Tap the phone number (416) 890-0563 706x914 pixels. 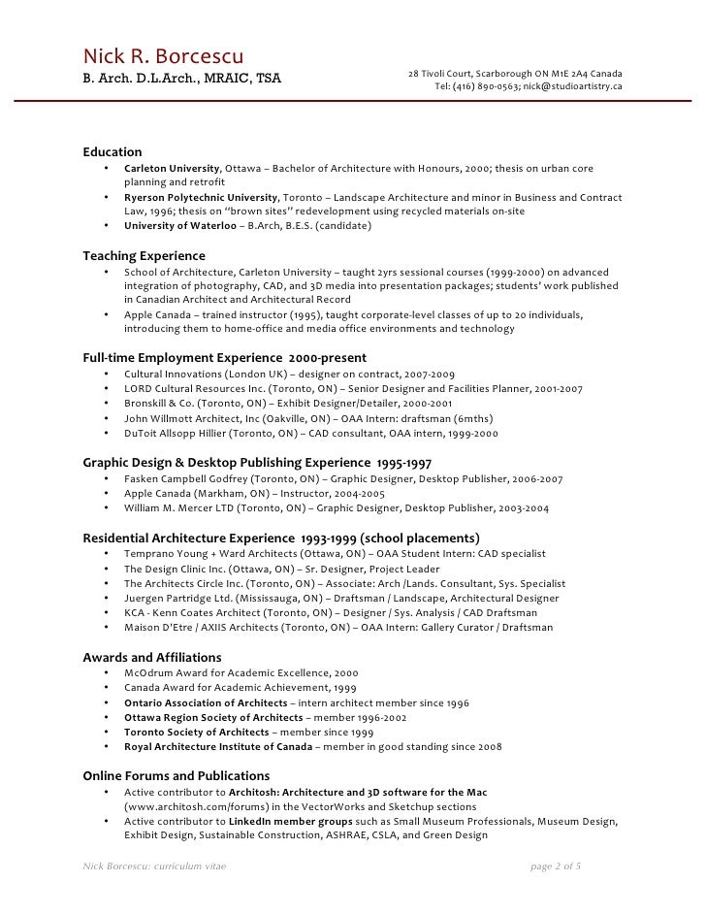(x=484, y=86)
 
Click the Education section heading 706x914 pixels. (x=112, y=152)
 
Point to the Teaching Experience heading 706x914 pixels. (x=144, y=256)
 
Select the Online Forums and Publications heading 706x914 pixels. (x=176, y=776)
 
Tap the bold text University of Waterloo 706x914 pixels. (x=178, y=226)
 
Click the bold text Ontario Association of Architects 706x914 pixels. (x=206, y=702)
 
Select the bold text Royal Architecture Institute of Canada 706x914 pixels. (x=218, y=747)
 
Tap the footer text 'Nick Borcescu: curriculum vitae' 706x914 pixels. (x=155, y=865)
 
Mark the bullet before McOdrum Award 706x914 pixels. (x=105, y=672)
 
